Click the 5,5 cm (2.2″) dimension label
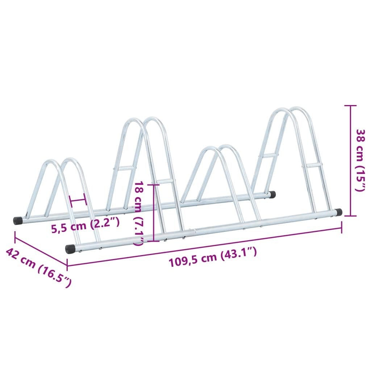click(85, 228)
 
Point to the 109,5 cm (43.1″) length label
click(213, 258)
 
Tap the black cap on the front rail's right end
click(338, 212)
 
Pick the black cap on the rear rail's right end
click(272, 194)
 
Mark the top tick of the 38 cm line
click(350, 106)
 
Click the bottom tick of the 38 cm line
click(350, 216)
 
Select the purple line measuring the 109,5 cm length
click(205, 246)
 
